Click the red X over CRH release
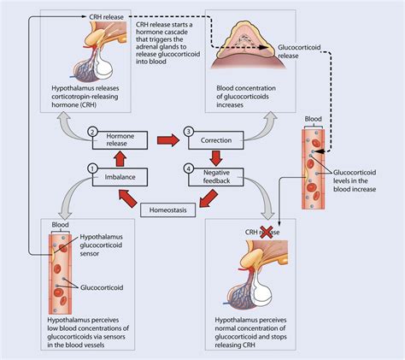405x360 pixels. (267, 232)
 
